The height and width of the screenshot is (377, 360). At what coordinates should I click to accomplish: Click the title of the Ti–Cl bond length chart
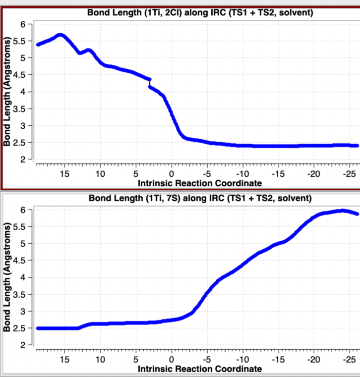(200, 12)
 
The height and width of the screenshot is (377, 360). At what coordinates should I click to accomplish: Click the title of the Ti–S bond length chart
(200, 199)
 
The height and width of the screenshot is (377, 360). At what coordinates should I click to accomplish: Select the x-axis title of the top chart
(199, 183)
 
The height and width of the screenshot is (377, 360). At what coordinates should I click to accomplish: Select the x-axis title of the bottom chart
(199, 369)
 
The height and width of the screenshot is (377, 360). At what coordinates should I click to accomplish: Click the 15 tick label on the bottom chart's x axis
(64, 360)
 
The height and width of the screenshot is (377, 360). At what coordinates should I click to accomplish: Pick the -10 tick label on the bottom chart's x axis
(242, 360)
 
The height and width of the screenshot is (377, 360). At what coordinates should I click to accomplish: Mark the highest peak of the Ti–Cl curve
(60, 35)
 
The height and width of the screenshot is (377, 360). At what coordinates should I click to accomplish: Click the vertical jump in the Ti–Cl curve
(150, 83)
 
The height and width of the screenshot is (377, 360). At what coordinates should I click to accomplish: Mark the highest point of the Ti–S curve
(342, 211)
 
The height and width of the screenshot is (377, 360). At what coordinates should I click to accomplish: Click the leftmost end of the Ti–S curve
(38, 328)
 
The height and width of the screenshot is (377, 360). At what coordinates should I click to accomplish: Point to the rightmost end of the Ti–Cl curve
(357, 146)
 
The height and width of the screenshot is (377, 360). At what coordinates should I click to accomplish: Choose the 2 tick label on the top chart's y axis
(23, 160)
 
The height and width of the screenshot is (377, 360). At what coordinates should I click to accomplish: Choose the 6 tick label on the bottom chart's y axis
(23, 210)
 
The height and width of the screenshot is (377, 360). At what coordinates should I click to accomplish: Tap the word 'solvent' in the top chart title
(296, 12)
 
